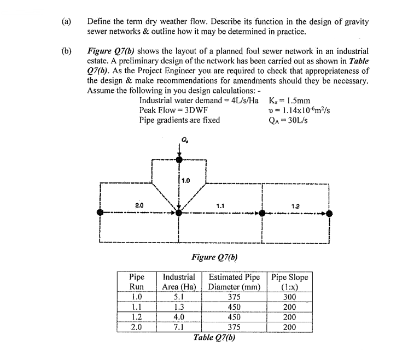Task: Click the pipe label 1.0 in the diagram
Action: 186,180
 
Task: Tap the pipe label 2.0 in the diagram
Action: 138,205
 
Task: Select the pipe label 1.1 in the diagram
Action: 221,205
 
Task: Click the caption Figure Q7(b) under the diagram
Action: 214,256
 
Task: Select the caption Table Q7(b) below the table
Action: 215,337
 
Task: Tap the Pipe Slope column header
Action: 290,281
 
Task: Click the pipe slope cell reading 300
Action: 290,297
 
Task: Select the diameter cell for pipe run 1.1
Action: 234,307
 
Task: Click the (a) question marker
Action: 66,22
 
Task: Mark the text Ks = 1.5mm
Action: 290,101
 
